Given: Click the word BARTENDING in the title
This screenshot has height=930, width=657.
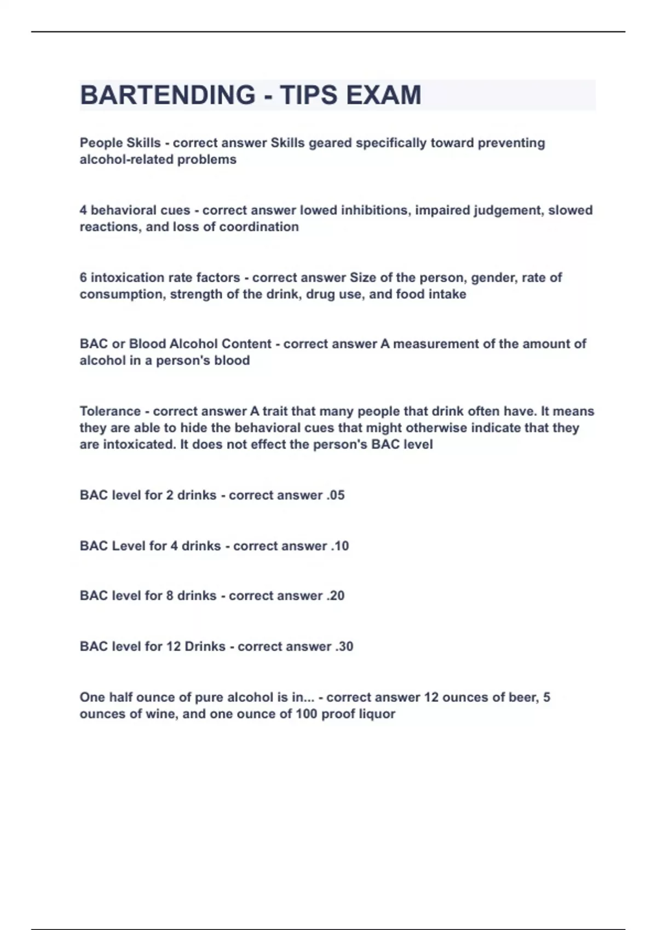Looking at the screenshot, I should (168, 95).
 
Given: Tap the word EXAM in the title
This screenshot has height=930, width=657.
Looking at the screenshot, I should (383, 95).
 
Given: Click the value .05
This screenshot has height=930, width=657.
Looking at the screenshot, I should (335, 495).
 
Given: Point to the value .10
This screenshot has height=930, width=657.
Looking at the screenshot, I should (339, 546).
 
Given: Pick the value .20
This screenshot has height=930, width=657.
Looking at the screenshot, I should (335, 596).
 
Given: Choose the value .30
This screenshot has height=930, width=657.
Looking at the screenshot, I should (344, 647).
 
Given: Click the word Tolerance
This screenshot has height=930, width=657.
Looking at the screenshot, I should (110, 411).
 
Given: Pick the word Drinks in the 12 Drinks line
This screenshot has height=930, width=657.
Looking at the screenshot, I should (205, 647).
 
